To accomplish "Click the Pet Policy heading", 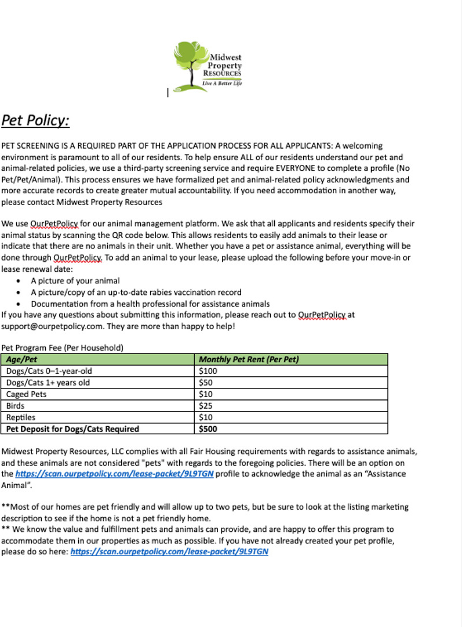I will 35,120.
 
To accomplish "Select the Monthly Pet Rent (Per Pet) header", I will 249,359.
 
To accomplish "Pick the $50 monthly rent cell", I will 205,383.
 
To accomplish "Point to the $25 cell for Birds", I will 205,406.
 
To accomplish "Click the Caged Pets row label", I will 27,394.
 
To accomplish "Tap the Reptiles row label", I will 21,417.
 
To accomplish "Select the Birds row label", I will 16,406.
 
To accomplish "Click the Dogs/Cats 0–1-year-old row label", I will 49,371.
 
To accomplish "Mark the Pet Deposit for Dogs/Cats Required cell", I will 72,429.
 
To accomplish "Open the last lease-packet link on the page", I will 169,552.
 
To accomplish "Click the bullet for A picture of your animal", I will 20,281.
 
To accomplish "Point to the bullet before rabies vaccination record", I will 20,293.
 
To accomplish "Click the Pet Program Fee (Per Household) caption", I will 63,348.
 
